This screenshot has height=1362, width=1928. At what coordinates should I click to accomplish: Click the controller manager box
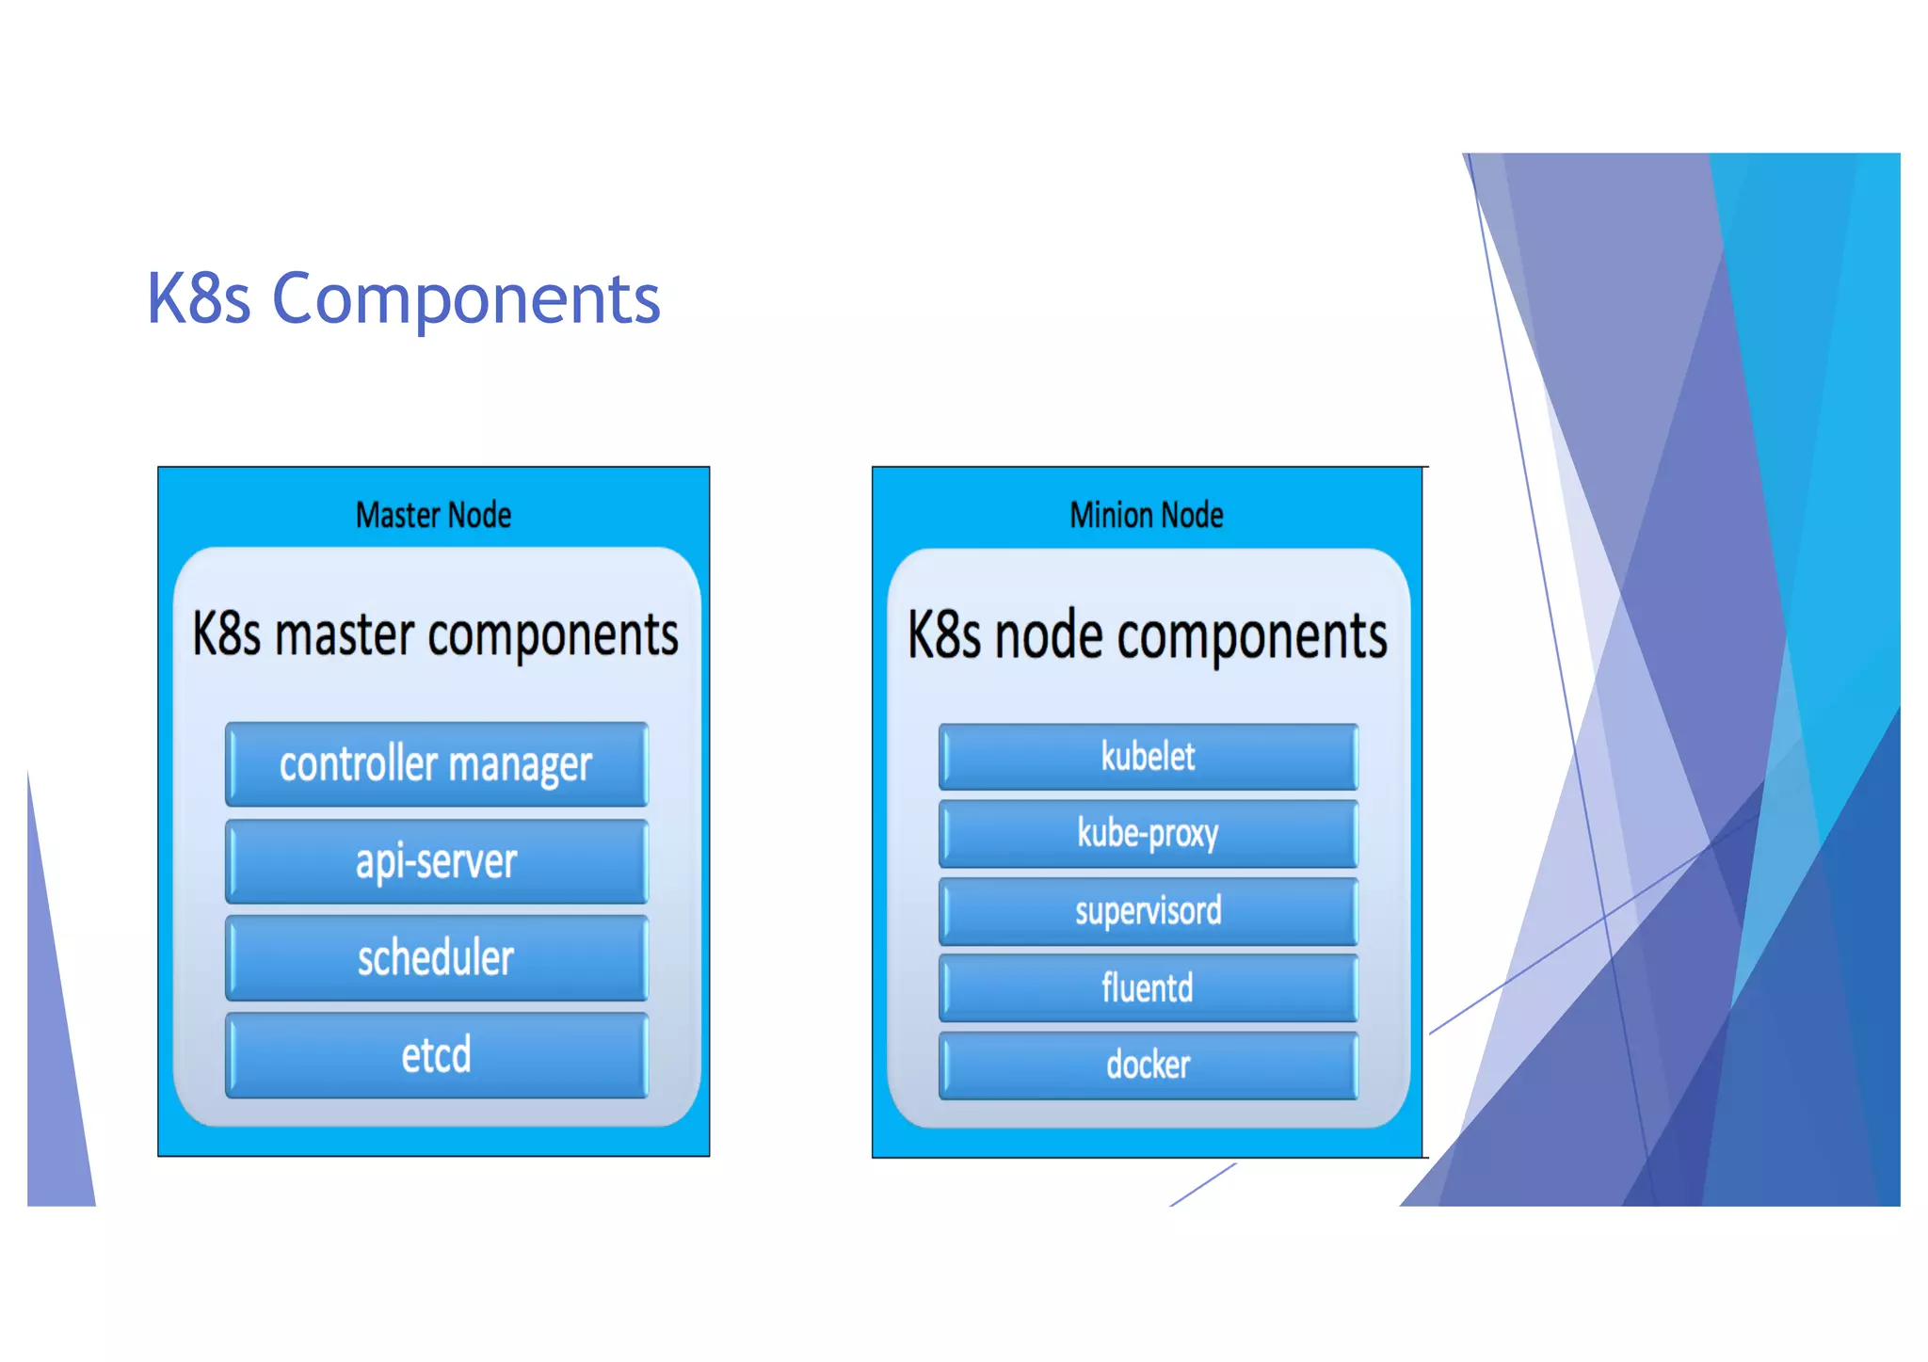pyautogui.click(x=436, y=763)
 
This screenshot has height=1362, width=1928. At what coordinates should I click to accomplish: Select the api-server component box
pyautogui.click(x=436, y=861)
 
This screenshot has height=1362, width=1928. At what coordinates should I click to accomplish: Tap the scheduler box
pyautogui.click(x=436, y=958)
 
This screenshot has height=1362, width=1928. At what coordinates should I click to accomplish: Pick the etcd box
pyautogui.click(x=436, y=1055)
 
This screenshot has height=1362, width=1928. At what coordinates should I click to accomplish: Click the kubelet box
pyautogui.click(x=1148, y=757)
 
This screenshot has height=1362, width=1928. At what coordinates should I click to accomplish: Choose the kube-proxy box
pyautogui.click(x=1148, y=834)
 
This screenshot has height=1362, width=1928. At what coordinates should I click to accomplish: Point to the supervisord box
pyautogui.click(x=1148, y=911)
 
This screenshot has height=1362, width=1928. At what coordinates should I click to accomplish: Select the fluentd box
pyautogui.click(x=1148, y=988)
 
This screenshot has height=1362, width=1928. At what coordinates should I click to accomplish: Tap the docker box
pyautogui.click(x=1148, y=1066)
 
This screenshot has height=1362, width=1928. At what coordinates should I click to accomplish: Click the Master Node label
pyautogui.click(x=433, y=515)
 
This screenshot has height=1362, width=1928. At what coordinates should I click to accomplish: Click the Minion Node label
pyautogui.click(x=1146, y=515)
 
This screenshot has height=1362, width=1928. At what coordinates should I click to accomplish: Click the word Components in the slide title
pyautogui.click(x=466, y=299)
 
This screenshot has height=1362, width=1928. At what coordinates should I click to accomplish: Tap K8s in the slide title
pyautogui.click(x=199, y=299)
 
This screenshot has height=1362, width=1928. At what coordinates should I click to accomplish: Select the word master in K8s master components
pyautogui.click(x=344, y=634)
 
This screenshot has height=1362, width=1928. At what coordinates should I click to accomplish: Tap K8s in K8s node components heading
pyautogui.click(x=945, y=636)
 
